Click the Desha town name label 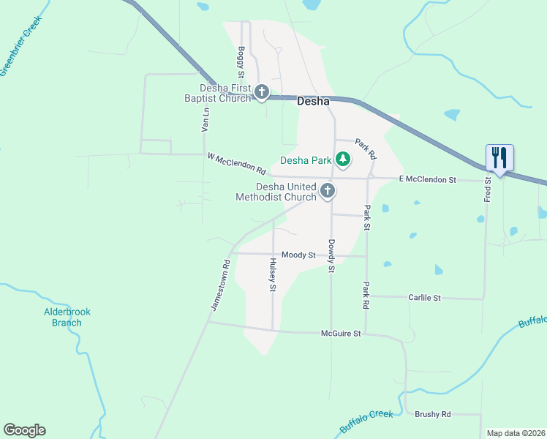(314, 102)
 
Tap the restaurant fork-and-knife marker (500, 158)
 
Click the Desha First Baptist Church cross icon (262, 92)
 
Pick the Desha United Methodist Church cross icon (328, 192)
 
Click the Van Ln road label (205, 119)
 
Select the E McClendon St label (427, 179)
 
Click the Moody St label (298, 255)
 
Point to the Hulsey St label (273, 276)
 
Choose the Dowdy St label (331, 256)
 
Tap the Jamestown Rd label (221, 284)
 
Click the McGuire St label (342, 334)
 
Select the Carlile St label (425, 298)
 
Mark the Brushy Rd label (433, 414)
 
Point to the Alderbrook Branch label (67, 317)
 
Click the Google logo (24, 430)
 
